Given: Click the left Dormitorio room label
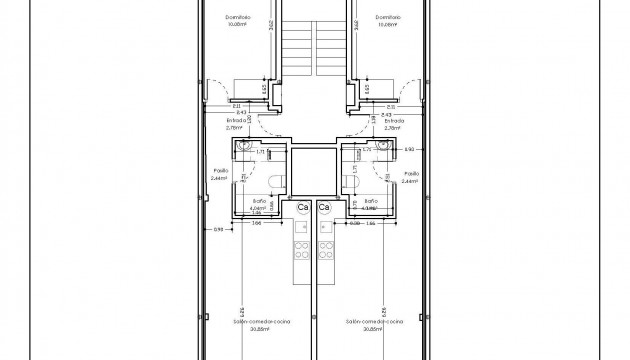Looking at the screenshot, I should [x=237, y=17].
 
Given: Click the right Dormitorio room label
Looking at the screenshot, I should [x=387, y=17].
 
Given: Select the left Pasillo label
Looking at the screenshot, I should [x=221, y=172].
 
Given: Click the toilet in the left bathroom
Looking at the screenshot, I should [x=276, y=181].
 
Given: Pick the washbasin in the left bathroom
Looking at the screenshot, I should [x=245, y=148].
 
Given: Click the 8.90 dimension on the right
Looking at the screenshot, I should [x=409, y=149].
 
